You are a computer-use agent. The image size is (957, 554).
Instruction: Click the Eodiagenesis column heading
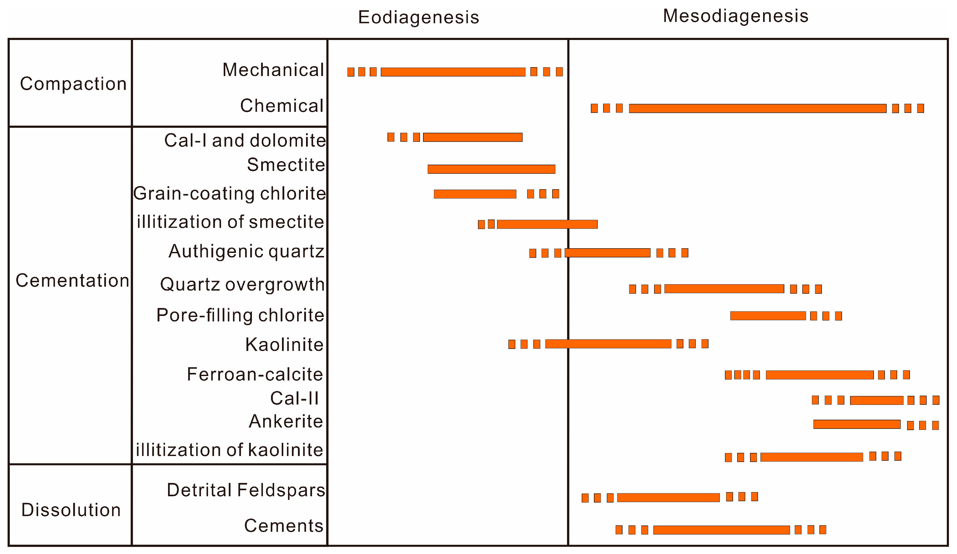click(x=418, y=18)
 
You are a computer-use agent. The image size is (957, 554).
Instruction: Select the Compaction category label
click(x=73, y=84)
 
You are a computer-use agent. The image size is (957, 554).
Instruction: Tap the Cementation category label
click(x=72, y=281)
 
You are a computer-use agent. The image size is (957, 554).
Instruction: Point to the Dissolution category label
click(x=71, y=510)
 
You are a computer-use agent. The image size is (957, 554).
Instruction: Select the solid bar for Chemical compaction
click(x=757, y=108)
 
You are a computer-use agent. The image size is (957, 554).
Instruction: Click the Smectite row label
click(x=286, y=165)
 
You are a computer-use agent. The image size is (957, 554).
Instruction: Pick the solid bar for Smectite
click(x=491, y=169)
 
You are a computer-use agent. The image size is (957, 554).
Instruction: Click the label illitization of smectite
click(x=230, y=222)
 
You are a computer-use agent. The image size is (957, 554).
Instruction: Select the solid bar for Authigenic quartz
click(x=607, y=253)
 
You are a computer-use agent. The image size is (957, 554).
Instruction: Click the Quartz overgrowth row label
click(x=242, y=284)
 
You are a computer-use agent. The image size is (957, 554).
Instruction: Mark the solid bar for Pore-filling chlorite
click(x=768, y=315)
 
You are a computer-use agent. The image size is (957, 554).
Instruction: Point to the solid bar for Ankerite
click(x=856, y=424)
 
